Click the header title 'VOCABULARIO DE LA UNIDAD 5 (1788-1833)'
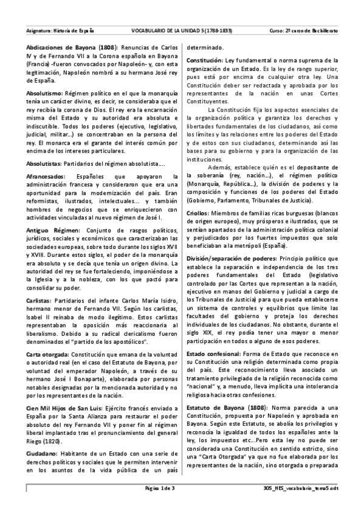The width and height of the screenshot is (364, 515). pyautogui.click(x=182, y=30)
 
